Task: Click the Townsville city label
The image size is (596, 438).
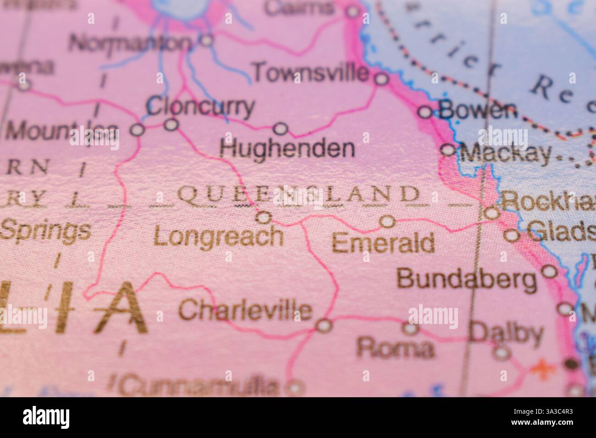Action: point(311,73)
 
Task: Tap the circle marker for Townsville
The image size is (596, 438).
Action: point(381,79)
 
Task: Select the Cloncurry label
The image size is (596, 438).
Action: point(200,107)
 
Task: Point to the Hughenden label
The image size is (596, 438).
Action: point(287,148)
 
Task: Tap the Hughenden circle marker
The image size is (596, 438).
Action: point(281,129)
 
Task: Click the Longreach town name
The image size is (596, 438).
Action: point(218,236)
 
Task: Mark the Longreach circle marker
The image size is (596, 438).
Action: point(263,217)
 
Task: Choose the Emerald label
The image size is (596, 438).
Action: point(383,243)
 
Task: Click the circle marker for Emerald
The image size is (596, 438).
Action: point(388,222)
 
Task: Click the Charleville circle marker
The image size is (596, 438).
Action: point(324,325)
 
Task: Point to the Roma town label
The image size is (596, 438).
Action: point(395,348)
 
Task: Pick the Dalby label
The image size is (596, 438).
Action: point(507,333)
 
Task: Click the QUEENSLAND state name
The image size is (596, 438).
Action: point(298,195)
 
